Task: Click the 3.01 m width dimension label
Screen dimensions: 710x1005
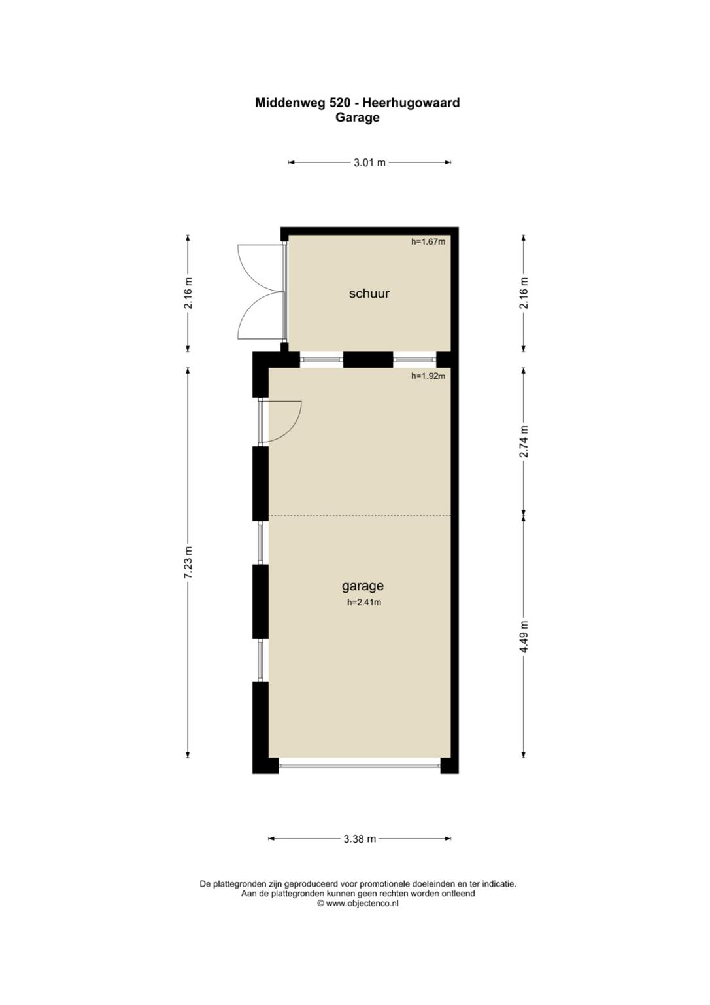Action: (369, 162)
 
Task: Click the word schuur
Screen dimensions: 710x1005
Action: (369, 293)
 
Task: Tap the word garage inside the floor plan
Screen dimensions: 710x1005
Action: (363, 586)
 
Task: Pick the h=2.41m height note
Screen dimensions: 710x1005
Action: (364, 603)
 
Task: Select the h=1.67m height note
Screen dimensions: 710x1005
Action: (428, 242)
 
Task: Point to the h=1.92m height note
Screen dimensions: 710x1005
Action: (428, 376)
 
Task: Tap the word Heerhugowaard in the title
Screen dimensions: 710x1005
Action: (411, 103)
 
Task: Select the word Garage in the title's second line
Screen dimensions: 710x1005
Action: (358, 118)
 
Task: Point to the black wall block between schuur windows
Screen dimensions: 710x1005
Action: (368, 360)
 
